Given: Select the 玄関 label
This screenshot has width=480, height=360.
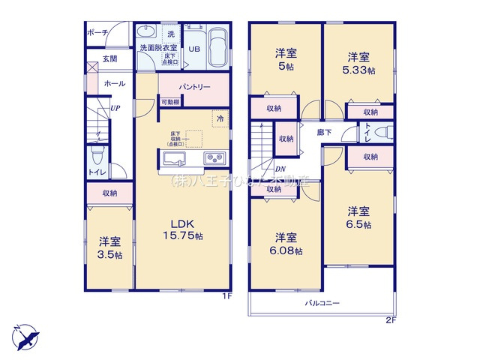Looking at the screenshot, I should pos(110,58).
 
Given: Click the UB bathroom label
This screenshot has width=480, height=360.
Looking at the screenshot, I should pos(193,49).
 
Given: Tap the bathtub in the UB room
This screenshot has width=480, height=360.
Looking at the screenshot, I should pos(218,46).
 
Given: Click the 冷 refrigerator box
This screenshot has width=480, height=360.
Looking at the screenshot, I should pos(220,118).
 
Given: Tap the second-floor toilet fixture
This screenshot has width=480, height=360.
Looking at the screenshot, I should pos(382,133).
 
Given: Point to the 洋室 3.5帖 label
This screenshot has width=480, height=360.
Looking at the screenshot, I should pos(109,247).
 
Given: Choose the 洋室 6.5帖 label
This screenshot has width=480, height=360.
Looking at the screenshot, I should pos(359,218).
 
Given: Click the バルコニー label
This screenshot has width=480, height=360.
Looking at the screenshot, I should pos(322,303).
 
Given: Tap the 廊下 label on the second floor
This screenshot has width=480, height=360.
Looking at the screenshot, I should pos(325,132).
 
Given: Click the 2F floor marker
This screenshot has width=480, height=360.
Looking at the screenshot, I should pos(390,320).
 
